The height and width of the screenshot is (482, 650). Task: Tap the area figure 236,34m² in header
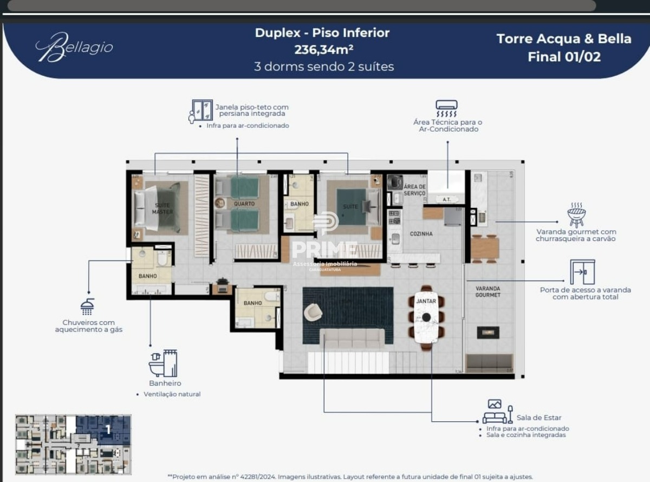[323, 50]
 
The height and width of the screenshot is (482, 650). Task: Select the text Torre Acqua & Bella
[564, 39]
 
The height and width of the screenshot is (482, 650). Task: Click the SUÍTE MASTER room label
[162, 209]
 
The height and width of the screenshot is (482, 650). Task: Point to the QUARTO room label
[244, 204]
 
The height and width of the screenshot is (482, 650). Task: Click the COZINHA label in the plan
[421, 234]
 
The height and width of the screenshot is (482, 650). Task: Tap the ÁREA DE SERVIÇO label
[414, 190]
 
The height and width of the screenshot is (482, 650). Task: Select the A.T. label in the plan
[446, 199]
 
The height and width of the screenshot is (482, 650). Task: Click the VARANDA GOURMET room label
[487, 292]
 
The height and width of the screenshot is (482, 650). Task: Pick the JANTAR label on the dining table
[426, 301]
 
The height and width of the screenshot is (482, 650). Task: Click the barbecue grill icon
[576, 215]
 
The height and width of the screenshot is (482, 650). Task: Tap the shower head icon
[87, 307]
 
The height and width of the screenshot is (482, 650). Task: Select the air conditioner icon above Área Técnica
[446, 109]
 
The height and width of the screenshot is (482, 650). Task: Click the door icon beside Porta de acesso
[582, 272]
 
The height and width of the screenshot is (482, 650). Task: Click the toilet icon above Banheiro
[163, 363]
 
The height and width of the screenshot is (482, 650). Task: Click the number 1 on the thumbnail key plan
[108, 429]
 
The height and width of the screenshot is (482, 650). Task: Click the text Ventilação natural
[172, 394]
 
